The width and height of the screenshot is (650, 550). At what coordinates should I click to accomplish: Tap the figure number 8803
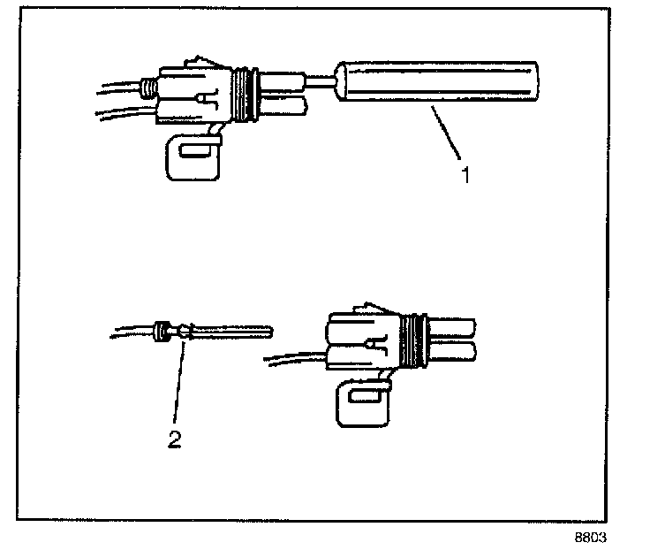[x=592, y=537]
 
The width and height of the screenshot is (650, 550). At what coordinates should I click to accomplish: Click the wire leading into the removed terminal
[x=128, y=333]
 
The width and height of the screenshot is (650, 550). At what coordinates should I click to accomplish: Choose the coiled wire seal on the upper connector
[x=149, y=88]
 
